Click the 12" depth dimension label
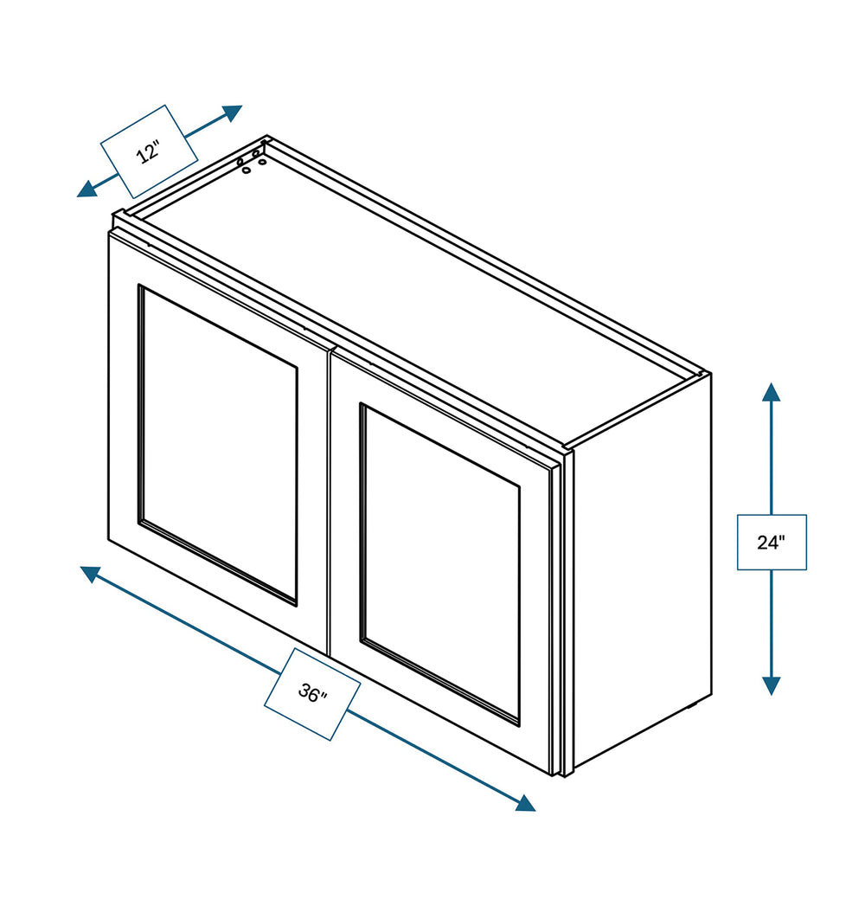(x=149, y=152)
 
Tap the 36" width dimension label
(x=312, y=693)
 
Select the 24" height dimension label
(x=772, y=542)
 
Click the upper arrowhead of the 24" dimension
(x=771, y=392)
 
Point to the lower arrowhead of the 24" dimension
(x=771, y=686)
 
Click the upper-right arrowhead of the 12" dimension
(x=232, y=112)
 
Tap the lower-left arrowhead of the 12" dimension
(x=87, y=189)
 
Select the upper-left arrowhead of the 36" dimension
(x=91, y=574)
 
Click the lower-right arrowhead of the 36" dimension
(x=525, y=803)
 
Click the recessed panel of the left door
(x=218, y=444)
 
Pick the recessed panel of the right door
(x=439, y=563)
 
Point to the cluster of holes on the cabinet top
(x=252, y=162)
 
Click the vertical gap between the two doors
(x=330, y=502)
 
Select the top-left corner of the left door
(x=109, y=234)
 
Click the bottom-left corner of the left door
(x=109, y=540)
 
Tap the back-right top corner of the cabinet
(x=711, y=373)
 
